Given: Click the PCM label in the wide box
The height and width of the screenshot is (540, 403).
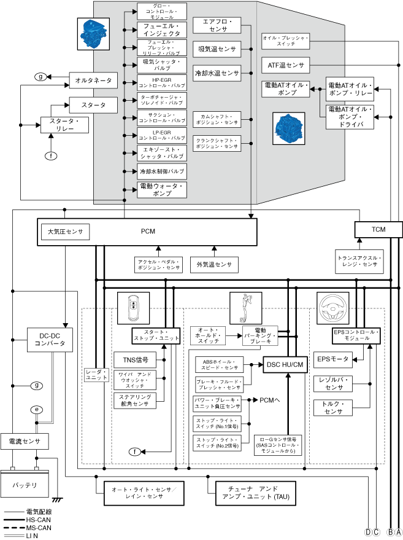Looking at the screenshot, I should click(148, 232).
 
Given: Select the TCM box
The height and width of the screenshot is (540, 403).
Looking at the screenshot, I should click(378, 229).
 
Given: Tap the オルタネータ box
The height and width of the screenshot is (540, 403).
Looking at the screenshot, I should click(93, 80).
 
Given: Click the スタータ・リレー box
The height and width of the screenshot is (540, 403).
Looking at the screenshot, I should click(64, 125).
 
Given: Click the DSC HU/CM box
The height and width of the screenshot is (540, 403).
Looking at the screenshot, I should click(285, 365).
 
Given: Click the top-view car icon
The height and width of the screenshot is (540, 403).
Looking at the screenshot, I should click(133, 307).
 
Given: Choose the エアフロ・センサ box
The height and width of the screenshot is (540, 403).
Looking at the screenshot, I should click(215, 25).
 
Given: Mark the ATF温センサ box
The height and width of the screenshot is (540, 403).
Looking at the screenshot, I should click(286, 65).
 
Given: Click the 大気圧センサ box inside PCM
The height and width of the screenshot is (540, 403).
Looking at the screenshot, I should click(65, 232).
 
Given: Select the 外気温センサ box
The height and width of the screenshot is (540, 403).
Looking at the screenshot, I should click(214, 265).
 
